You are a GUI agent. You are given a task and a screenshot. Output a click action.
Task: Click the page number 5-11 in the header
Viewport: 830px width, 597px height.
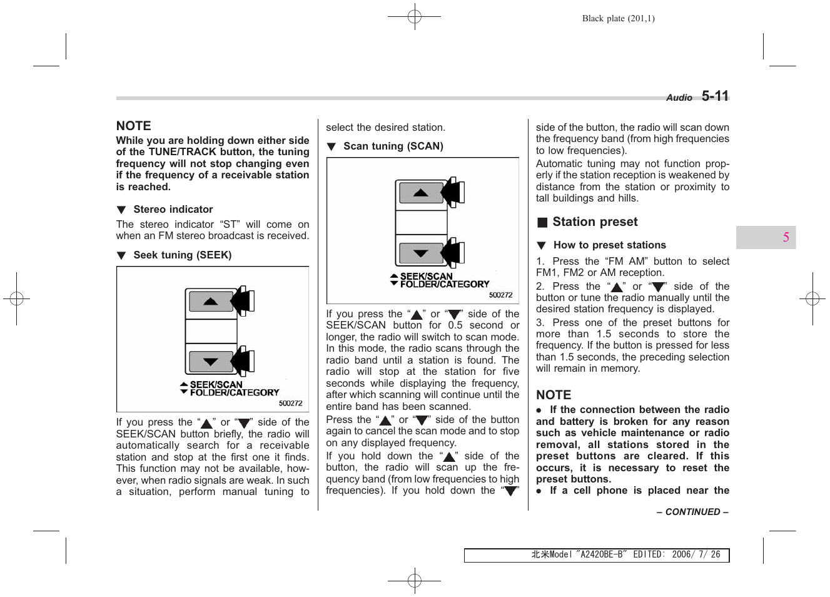(x=715, y=96)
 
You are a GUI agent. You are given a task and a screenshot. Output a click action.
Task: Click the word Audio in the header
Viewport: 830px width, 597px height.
(x=679, y=98)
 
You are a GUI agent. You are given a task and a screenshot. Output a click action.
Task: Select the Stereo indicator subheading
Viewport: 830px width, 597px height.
(x=173, y=210)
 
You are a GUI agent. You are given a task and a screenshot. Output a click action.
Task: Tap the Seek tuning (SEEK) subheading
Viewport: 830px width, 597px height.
(x=182, y=255)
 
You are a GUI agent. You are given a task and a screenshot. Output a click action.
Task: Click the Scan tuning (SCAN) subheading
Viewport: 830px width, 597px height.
(x=393, y=146)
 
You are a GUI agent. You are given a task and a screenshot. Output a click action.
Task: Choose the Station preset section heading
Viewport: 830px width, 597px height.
(x=594, y=222)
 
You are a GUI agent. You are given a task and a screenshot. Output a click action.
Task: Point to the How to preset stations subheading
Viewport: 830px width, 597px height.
(x=609, y=245)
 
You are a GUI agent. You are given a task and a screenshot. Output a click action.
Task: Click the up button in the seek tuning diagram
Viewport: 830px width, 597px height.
(x=211, y=302)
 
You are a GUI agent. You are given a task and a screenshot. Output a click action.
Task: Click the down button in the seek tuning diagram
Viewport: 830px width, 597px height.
(x=211, y=362)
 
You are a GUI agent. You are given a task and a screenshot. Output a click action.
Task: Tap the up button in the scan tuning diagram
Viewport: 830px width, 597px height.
(x=421, y=193)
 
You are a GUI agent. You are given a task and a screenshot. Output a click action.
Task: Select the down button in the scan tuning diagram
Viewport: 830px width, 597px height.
(x=421, y=253)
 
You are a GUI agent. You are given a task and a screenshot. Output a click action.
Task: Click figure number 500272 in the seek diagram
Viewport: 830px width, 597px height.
(x=290, y=404)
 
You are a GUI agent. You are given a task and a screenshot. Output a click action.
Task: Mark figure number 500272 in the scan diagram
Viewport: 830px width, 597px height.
(x=500, y=295)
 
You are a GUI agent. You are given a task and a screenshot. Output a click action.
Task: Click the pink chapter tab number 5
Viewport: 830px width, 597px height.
(x=786, y=237)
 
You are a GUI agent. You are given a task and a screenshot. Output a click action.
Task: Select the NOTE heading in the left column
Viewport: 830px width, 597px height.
(x=133, y=126)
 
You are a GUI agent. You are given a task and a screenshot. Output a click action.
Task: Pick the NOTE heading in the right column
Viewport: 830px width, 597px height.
(x=554, y=395)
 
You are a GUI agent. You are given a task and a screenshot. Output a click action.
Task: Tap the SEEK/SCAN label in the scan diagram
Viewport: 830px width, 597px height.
(x=426, y=276)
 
